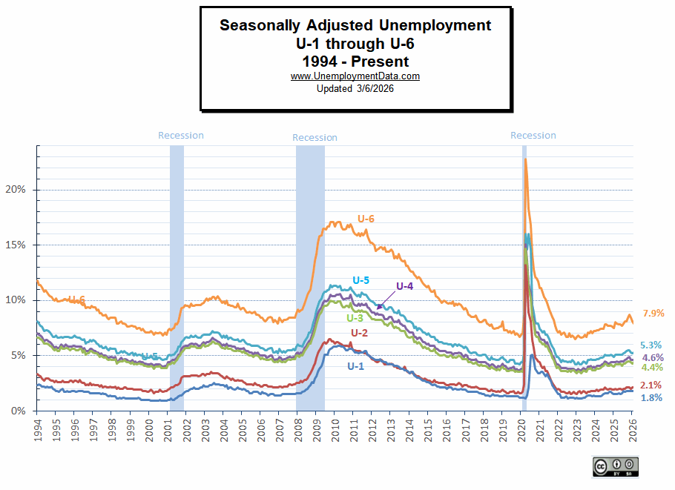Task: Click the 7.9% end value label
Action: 653,314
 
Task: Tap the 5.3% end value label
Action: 651,345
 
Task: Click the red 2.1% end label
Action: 651,385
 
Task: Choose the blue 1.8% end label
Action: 651,398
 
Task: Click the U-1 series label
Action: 356,365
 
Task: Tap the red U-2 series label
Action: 359,332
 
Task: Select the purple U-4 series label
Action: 404,286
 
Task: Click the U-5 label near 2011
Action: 360,280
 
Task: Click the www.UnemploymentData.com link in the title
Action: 355,76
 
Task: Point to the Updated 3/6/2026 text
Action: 355,88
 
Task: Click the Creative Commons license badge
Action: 615,466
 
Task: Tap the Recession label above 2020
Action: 533,136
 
